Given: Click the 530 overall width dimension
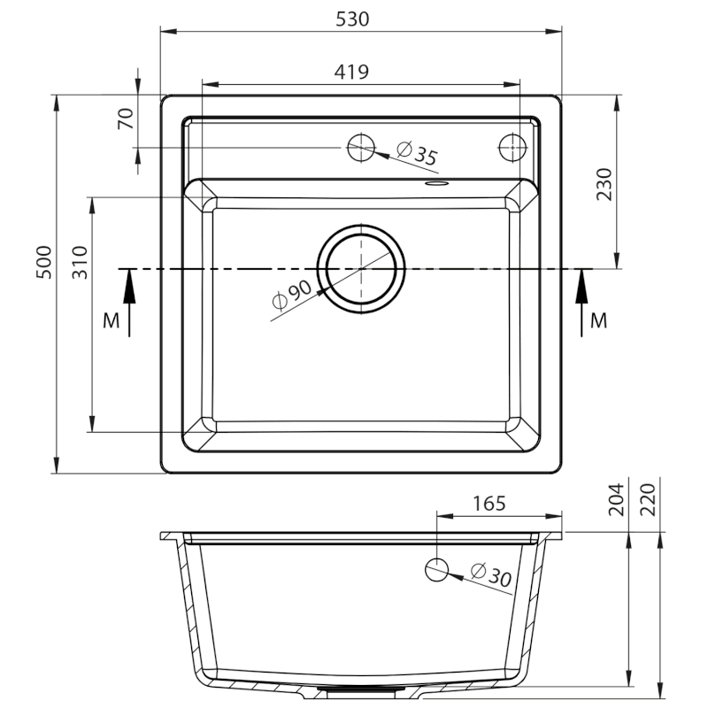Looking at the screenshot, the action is tap(352, 19).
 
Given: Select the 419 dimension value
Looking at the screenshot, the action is tap(351, 72).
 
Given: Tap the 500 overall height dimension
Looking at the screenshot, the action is tap(44, 262).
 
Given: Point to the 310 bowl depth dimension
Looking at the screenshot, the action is tap(80, 262).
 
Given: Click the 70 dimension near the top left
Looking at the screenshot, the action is tap(126, 119).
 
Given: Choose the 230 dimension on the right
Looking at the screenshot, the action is tap(604, 184).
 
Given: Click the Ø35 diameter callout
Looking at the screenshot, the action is tap(417, 153).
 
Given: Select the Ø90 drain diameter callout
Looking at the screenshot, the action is tap(292, 295).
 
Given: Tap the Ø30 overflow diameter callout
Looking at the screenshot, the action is tap(491, 574).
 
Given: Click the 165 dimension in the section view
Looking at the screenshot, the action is tap(489, 504).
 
